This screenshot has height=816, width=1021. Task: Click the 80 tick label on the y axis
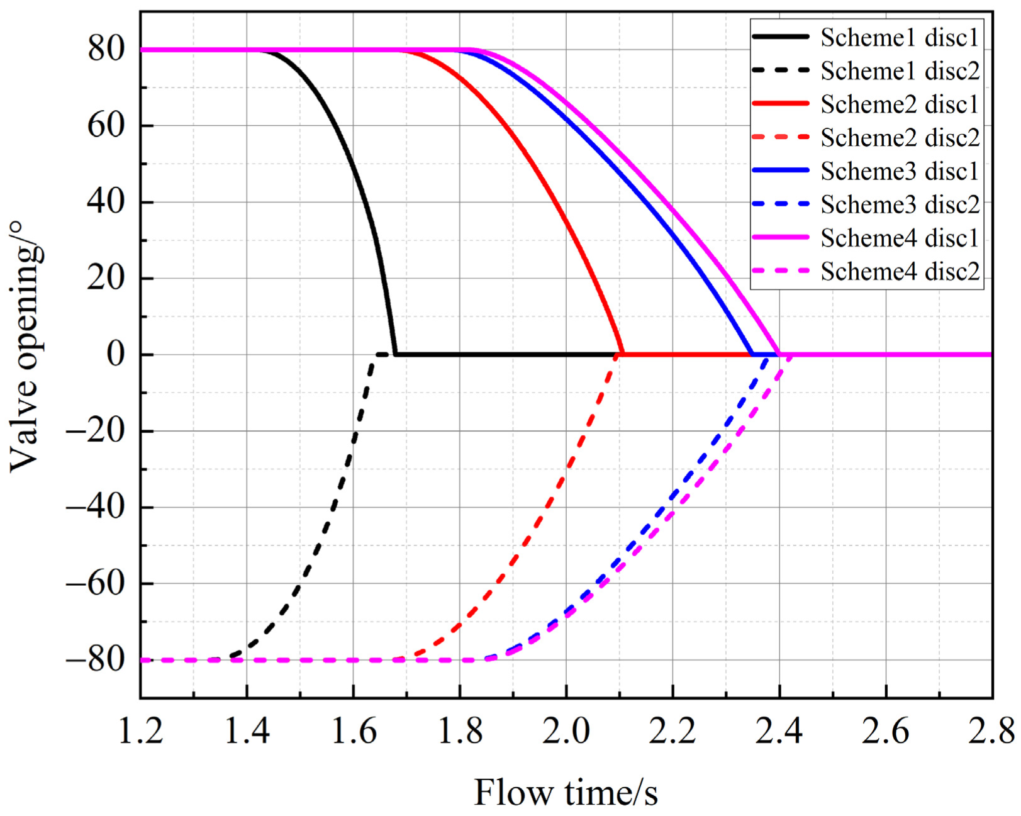pos(106,49)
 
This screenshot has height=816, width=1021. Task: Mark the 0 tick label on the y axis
pos(116,354)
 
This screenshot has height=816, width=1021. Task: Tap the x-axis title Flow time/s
pos(566,792)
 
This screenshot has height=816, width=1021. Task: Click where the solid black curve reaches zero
pos(395,354)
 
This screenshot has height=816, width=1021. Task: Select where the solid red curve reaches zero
pos(623,354)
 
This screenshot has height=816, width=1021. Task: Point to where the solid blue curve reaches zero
pos(752,354)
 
